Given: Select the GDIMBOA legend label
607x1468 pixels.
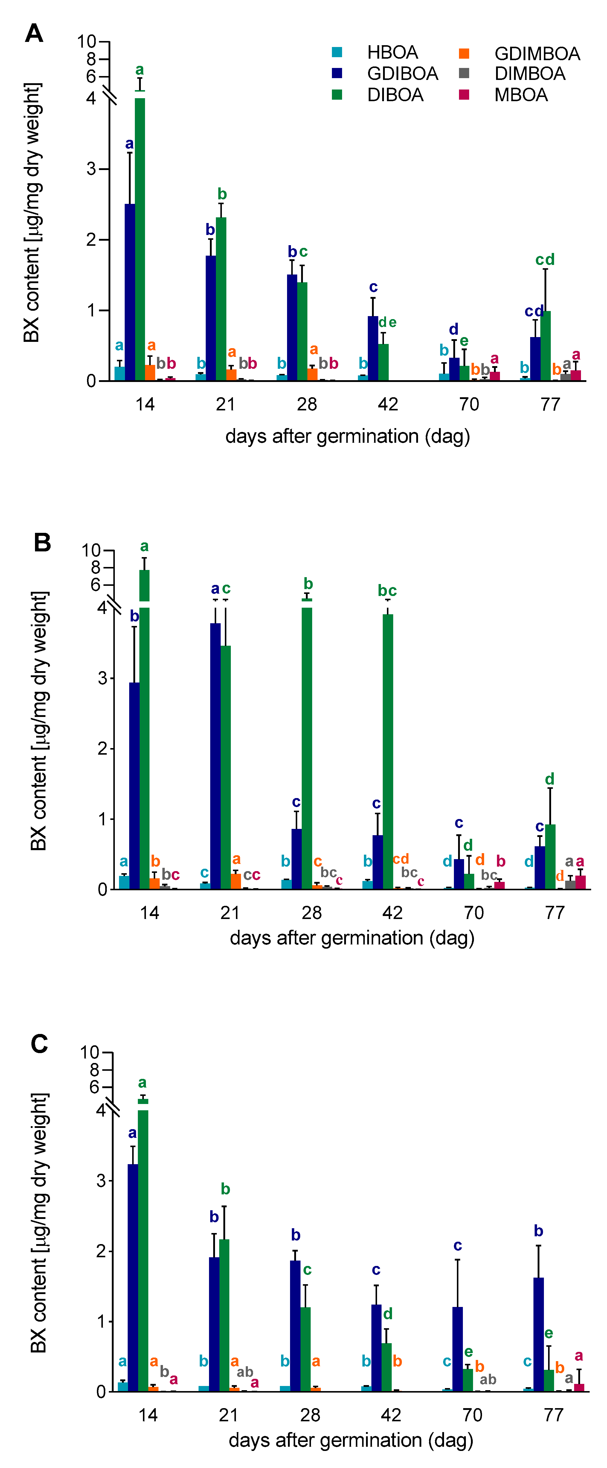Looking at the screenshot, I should pos(537,54).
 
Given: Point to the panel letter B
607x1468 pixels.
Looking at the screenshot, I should pos(42,542).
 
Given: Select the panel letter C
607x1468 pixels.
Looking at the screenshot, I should pos(39,1044).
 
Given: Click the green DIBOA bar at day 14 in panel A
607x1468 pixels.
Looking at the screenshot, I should pos(140,239).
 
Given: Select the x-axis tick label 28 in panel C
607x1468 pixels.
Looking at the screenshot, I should pos(310,1414).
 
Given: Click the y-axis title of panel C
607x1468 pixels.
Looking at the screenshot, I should pos(39,1222).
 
